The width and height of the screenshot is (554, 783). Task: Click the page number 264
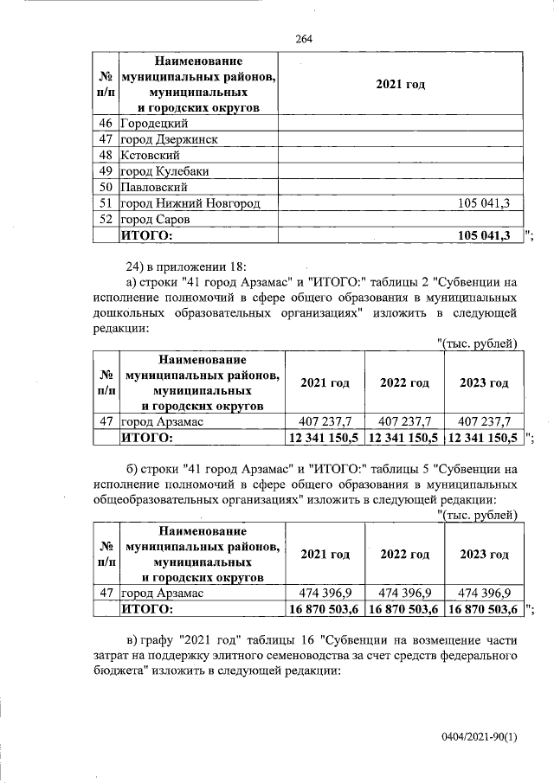click(303, 38)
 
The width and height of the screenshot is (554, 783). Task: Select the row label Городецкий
click(153, 124)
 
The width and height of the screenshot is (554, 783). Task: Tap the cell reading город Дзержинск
click(168, 139)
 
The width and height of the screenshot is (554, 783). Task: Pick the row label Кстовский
click(150, 155)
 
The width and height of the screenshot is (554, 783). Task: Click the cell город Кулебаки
click(164, 170)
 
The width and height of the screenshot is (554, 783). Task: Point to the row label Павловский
click(153, 186)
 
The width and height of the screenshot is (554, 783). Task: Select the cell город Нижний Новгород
click(190, 202)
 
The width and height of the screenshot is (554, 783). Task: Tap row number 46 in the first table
click(107, 124)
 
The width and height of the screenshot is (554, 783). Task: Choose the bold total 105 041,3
click(484, 234)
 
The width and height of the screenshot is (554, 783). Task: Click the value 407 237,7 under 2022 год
click(404, 421)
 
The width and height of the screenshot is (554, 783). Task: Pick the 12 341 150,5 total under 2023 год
click(483, 438)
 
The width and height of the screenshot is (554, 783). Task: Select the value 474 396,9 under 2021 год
click(325, 593)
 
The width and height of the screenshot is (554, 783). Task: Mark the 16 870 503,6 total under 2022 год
click(404, 609)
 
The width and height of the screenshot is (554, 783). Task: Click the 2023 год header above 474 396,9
click(484, 555)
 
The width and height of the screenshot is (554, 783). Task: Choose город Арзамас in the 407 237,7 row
click(162, 421)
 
